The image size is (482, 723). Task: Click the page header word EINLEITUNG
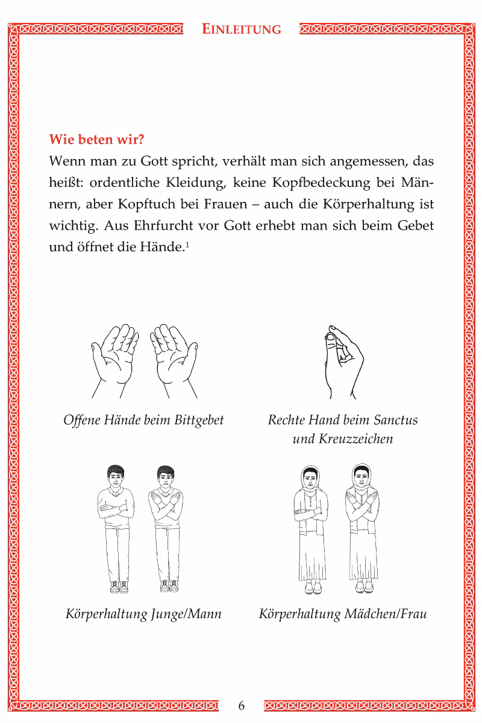click(x=242, y=29)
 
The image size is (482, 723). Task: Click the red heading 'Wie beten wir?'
click(x=96, y=140)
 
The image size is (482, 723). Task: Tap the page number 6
click(x=242, y=706)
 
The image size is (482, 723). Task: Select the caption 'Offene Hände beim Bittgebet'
click(x=143, y=419)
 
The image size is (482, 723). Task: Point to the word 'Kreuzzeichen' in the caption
click(x=343, y=439)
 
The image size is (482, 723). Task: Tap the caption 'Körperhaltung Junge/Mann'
click(x=143, y=615)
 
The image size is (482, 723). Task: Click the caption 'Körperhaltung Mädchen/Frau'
click(x=343, y=615)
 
